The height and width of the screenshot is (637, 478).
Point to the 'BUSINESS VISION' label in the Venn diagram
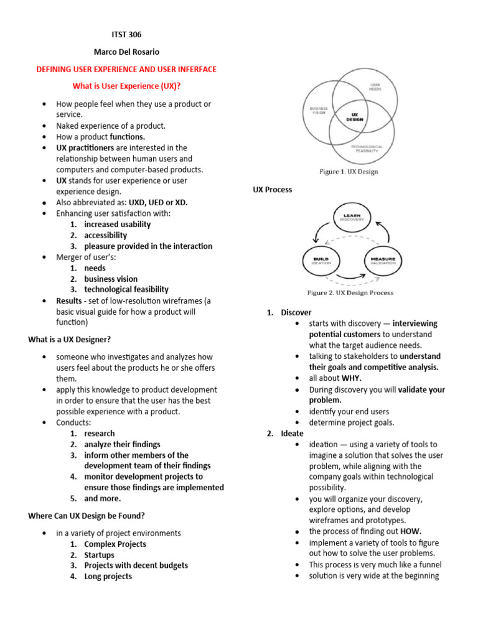318,110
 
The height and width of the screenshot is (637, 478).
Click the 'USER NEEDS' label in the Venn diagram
375,87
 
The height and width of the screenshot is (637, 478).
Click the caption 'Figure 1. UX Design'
348,172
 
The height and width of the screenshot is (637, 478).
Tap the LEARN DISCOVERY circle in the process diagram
352,219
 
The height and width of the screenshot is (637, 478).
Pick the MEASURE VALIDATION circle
383,262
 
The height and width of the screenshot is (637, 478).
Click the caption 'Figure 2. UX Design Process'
351,292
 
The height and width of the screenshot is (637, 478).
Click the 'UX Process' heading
272,190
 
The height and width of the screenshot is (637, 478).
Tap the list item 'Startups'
100,555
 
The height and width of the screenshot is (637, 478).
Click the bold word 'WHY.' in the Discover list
350,378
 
